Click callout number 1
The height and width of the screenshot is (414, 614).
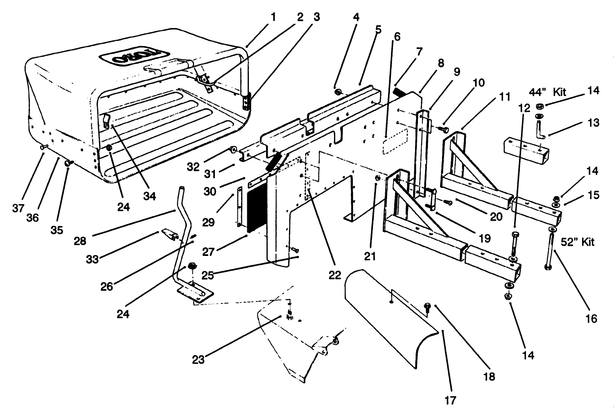(273, 17)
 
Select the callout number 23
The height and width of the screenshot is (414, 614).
(199, 360)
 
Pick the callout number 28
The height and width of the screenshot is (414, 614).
(80, 241)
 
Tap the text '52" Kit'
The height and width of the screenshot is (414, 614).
(577, 242)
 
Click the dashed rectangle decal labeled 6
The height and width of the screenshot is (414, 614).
(395, 141)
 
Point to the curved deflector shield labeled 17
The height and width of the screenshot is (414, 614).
(389, 315)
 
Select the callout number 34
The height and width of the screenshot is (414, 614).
(149, 196)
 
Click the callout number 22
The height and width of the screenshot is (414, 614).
(334, 275)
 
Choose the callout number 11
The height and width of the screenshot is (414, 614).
(505, 97)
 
